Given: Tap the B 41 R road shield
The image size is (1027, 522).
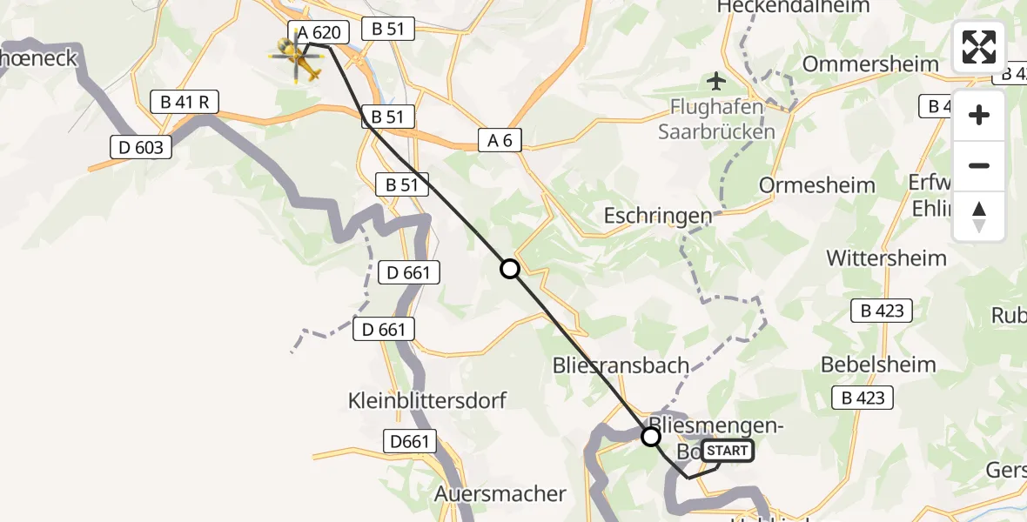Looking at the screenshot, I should (x=185, y=103).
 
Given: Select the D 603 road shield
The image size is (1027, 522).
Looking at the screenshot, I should (x=138, y=147).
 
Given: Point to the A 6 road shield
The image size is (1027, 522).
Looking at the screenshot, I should (x=500, y=139).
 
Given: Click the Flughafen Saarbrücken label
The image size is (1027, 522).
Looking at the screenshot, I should (x=716, y=121).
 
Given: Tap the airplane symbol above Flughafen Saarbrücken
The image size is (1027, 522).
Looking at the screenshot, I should (x=716, y=82).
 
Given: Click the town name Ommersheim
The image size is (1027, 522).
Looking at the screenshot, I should (x=870, y=64).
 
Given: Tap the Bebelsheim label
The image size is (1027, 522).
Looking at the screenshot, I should (x=878, y=365).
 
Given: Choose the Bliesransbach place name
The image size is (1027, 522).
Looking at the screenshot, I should (x=621, y=365).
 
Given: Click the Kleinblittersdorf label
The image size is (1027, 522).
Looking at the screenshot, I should (x=426, y=401).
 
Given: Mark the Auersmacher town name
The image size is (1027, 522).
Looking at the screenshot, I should (x=500, y=494).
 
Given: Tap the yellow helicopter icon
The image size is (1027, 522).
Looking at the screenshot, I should (x=296, y=57).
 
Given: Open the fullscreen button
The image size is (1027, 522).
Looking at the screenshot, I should (x=979, y=48).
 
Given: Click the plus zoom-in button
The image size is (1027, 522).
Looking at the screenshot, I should (x=979, y=115).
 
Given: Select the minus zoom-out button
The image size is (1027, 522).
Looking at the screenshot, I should (x=979, y=165).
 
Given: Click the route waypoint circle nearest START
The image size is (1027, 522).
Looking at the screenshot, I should (x=651, y=437).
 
